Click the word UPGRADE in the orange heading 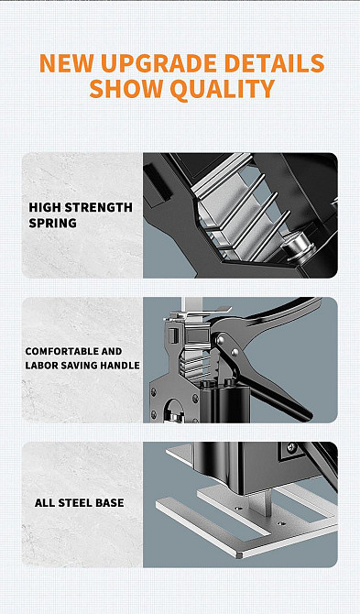click(159, 64)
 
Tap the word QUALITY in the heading click(223, 89)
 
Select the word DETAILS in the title click(274, 64)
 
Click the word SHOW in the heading click(125, 89)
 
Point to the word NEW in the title click(67, 64)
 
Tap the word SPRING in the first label click(53, 224)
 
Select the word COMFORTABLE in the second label click(57, 351)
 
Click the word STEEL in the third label click(72, 503)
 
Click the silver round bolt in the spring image click(296, 247)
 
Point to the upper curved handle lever click(270, 313)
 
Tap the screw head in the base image click(291, 447)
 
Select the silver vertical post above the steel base click(267, 502)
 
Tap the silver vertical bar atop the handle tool click(192, 304)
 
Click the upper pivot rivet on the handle click(220, 339)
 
